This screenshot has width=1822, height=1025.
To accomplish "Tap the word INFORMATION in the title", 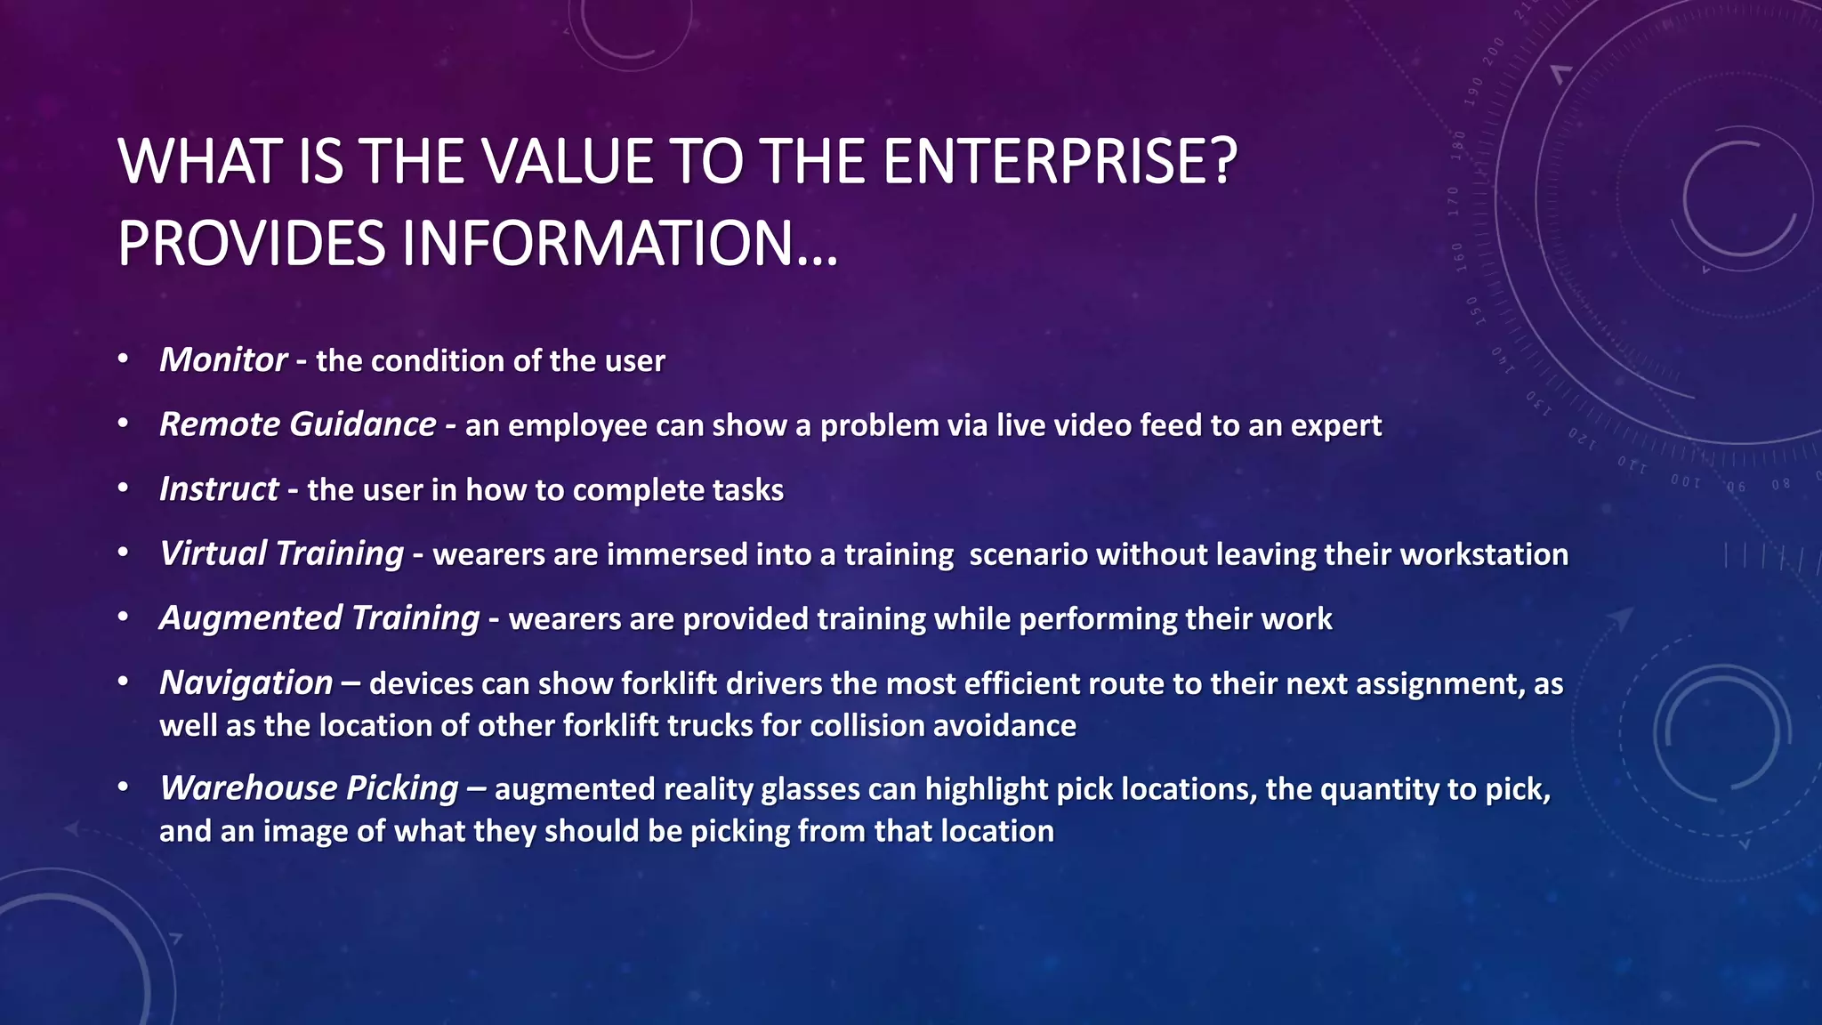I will tap(597, 244).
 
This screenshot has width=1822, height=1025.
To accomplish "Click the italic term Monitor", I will tap(222, 360).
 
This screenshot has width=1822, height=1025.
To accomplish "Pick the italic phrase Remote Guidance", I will tap(297, 424).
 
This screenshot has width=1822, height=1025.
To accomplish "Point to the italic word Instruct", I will tap(219, 489).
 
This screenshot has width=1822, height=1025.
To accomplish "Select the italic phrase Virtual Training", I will tap(281, 553).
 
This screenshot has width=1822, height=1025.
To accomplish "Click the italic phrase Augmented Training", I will tap(318, 618).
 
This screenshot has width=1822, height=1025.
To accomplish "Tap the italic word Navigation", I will tap(246, 683).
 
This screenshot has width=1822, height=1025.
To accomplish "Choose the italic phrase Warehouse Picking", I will tap(309, 788).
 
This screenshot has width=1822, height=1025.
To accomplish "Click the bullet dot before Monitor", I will tap(124, 359).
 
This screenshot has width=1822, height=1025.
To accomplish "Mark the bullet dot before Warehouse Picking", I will tap(124, 787).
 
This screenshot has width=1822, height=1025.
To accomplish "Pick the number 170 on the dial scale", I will tap(1454, 202).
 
